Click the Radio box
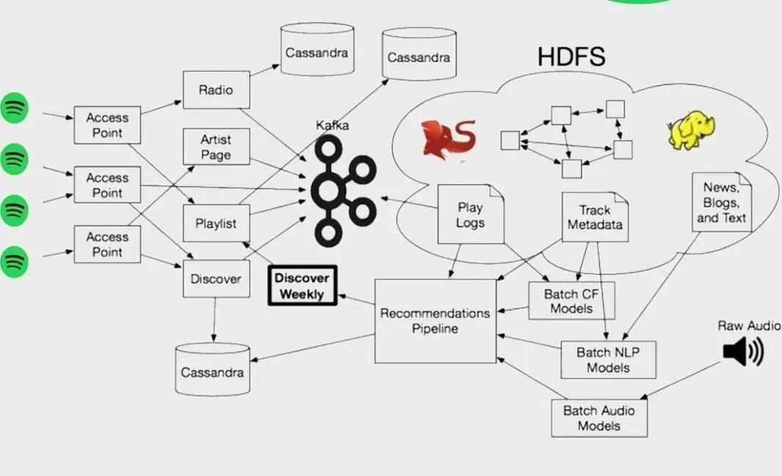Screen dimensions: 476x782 point(216,90)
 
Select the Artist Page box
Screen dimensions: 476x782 point(216,147)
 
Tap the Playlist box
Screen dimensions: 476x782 point(216,223)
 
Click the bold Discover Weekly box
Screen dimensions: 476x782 point(302,285)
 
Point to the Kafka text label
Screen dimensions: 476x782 point(332,125)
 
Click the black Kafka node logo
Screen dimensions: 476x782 point(340,190)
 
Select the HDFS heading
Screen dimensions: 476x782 point(571,57)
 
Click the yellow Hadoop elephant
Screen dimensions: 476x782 point(690,131)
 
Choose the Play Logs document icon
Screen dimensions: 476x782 point(470,214)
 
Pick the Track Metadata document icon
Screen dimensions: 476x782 point(595,218)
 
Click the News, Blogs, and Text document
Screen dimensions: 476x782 point(722,202)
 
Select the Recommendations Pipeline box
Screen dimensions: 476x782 point(435,321)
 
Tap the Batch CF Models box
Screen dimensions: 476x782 point(571,301)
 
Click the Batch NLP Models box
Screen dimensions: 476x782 point(608,359)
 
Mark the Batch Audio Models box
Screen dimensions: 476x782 point(599,418)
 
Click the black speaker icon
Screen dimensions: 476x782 point(742,352)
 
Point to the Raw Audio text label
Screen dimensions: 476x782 point(749,326)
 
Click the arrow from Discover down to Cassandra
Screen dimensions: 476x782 point(214,320)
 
